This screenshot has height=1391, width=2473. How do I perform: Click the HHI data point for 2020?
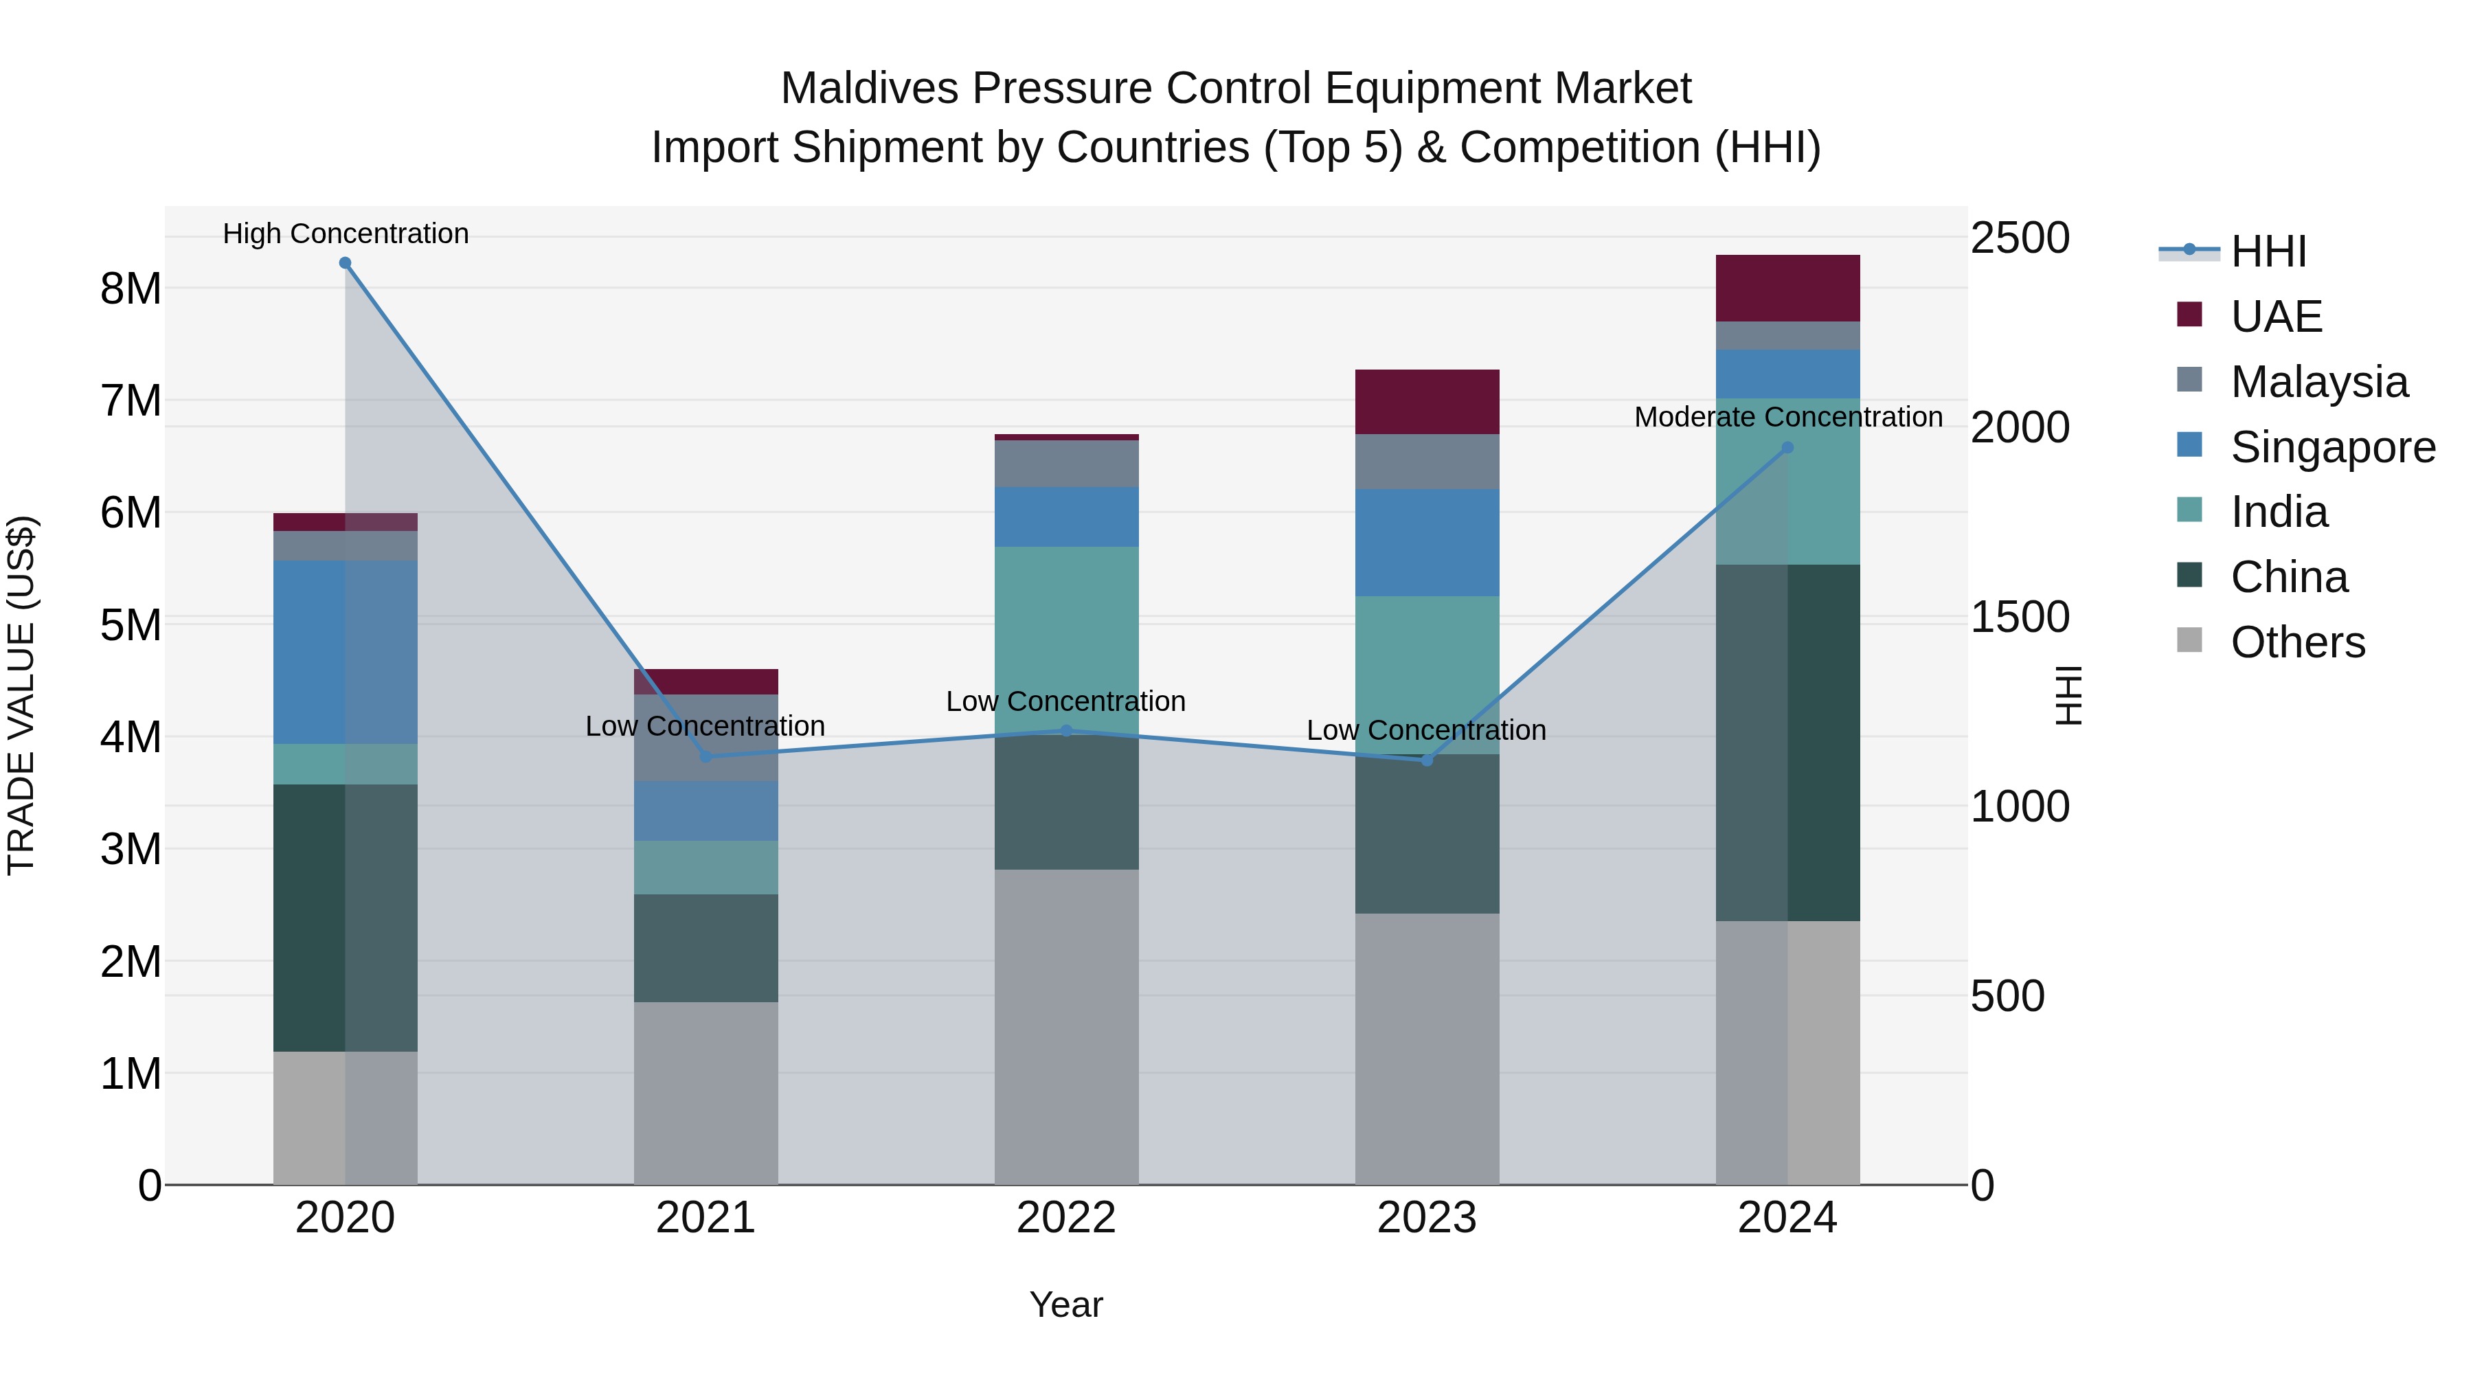point(345,263)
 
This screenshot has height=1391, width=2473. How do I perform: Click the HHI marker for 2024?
point(1787,447)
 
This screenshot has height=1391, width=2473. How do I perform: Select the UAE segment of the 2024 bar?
point(1787,288)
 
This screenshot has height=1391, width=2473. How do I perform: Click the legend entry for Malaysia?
point(2318,382)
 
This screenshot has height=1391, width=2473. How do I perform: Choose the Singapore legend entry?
point(2331,447)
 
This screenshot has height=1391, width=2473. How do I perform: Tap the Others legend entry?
point(2296,642)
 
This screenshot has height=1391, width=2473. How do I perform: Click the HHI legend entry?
point(2267,251)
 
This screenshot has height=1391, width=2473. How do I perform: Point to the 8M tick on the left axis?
point(131,288)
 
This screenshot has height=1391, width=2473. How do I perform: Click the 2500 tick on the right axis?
point(2020,238)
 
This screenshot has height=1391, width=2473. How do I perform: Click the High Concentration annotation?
point(346,234)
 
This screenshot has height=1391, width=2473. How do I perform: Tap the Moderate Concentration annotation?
point(1787,417)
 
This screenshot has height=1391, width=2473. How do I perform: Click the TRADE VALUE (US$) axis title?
point(21,695)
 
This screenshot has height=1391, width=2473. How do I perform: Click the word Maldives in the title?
point(870,89)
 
